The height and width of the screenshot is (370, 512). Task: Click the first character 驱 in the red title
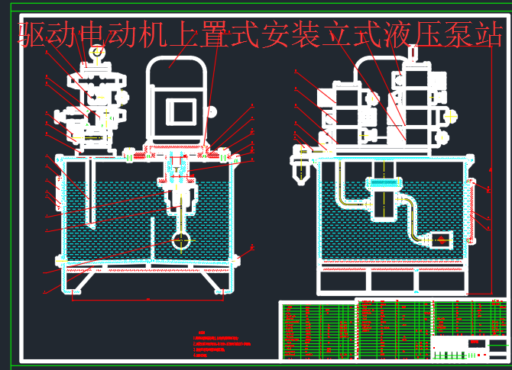pos(32,35)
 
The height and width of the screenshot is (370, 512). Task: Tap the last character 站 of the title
pos(488,35)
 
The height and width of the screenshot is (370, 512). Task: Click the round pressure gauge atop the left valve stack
pos(97,52)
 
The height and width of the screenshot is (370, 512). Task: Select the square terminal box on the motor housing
pos(182,111)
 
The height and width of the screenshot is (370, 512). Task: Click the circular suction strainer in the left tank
pos(181,240)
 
